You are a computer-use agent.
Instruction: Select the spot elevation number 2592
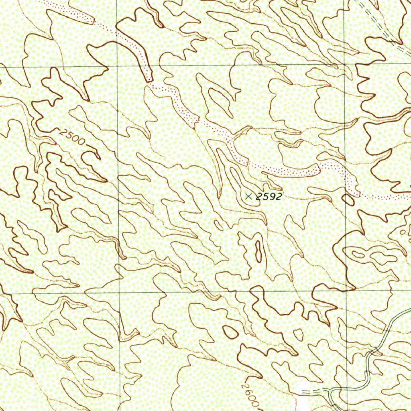pos(269,196)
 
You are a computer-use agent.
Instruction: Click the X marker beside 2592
pos(249,196)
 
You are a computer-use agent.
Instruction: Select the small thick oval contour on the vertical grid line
pos(348,199)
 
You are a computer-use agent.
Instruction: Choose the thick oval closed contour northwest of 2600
pos(230,331)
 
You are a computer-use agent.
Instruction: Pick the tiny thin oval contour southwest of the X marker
pos(219,224)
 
